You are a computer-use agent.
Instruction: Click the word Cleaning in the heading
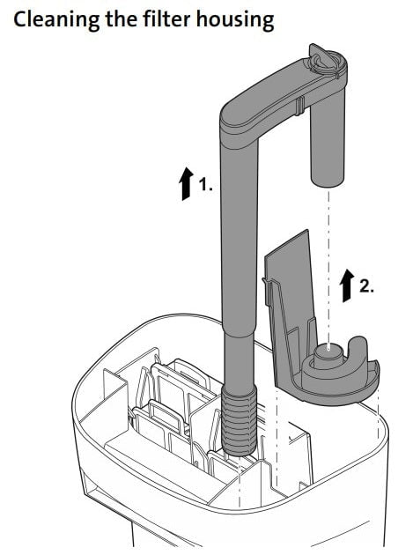pos(54,19)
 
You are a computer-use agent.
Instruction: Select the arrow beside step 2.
pos(344,287)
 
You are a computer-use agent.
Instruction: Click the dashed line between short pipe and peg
pos(328,264)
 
